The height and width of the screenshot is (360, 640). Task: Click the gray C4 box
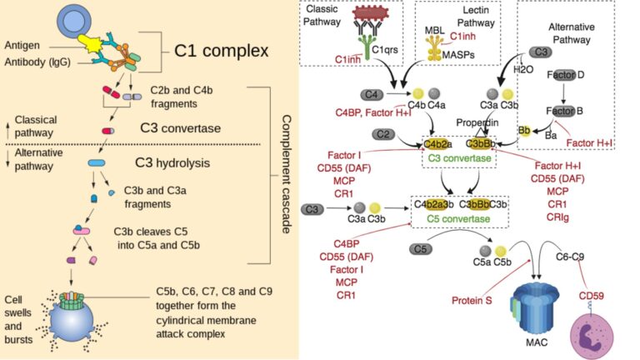372,94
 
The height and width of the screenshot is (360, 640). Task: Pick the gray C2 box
384,133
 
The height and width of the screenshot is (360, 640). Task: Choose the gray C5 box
422,248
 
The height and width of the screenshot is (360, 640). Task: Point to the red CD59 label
591,296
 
